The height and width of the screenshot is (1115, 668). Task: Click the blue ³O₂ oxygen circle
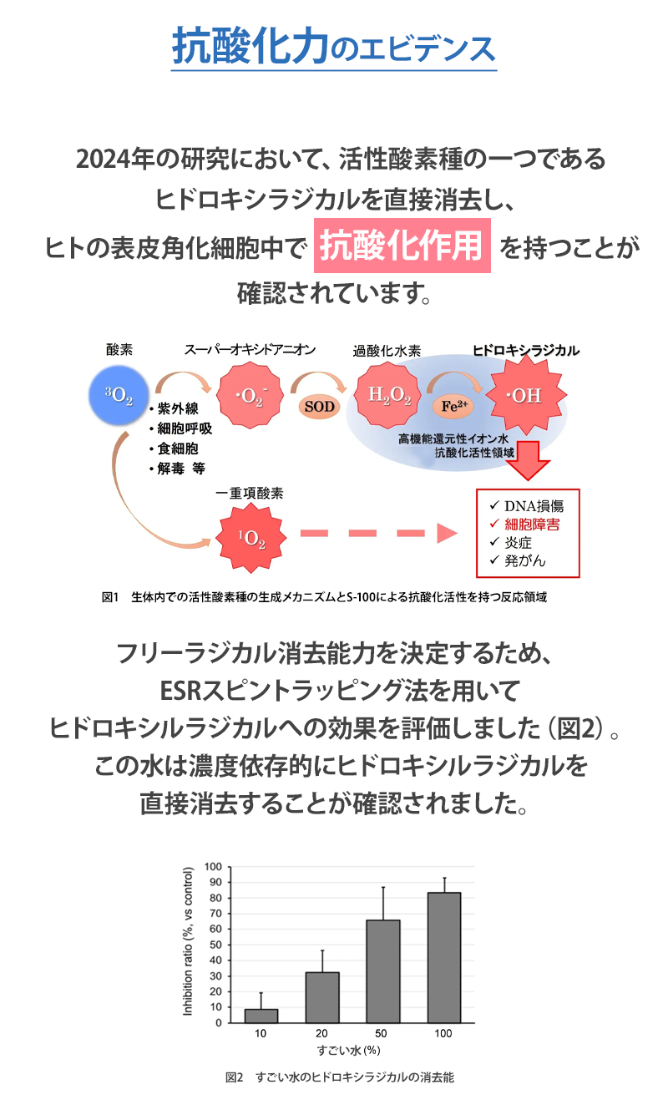tap(118, 396)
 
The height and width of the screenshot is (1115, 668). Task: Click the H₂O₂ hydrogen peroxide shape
tap(389, 396)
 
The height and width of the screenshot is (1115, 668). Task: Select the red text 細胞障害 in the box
tap(532, 525)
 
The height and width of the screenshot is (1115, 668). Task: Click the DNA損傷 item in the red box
tap(534, 506)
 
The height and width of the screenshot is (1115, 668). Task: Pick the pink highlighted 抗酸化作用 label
tap(402, 246)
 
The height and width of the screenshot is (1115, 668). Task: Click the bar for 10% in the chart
tap(261, 1016)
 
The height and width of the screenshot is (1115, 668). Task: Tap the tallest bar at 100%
tap(443, 957)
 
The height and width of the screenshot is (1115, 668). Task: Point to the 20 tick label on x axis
tap(321, 1033)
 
